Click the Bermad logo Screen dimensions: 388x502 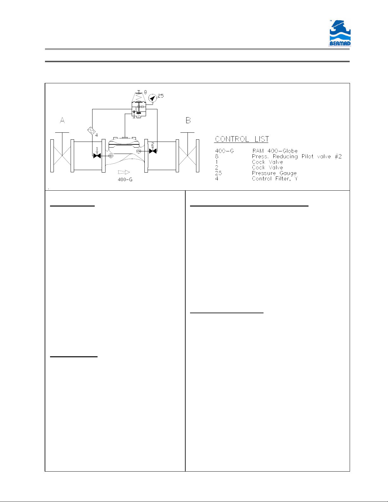click(x=340, y=33)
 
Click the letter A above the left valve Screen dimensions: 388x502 click(x=62, y=120)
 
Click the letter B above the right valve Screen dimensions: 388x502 click(x=188, y=120)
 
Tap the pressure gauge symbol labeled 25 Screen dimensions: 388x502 click(x=152, y=98)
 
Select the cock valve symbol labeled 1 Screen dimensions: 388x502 click(x=97, y=156)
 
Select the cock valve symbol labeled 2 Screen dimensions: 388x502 click(x=153, y=151)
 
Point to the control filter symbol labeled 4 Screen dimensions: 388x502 click(x=92, y=131)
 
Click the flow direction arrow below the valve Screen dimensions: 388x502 click(x=124, y=172)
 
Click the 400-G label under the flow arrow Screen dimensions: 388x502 click(x=125, y=180)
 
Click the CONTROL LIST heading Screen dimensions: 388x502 click(x=242, y=139)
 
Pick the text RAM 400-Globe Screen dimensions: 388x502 click(x=275, y=151)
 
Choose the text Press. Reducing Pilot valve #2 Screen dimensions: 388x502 click(x=297, y=156)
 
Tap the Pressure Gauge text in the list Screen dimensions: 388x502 click(x=274, y=173)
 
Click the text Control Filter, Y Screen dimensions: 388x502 click(x=275, y=179)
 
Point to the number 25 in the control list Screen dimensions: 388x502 click(x=219, y=173)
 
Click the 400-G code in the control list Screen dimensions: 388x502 click(x=225, y=151)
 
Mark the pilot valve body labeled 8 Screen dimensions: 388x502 click(x=139, y=105)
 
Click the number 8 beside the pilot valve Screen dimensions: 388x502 click(x=145, y=92)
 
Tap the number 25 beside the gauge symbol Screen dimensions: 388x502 click(x=161, y=96)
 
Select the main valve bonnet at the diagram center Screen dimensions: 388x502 click(x=124, y=141)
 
